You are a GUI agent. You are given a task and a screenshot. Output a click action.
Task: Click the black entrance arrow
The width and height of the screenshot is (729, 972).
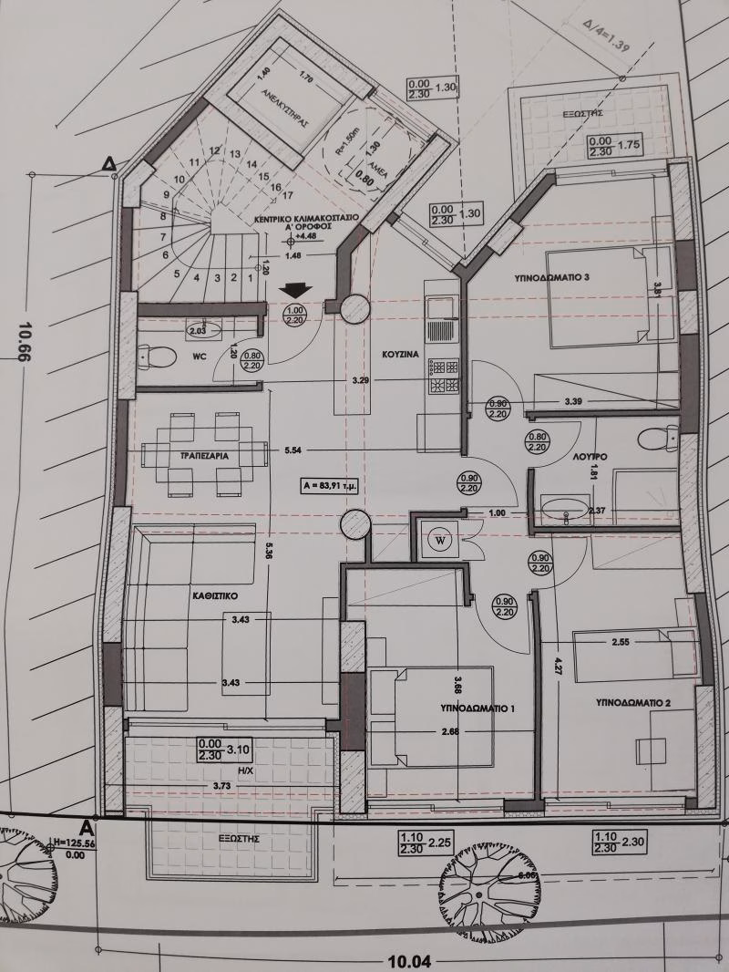296,290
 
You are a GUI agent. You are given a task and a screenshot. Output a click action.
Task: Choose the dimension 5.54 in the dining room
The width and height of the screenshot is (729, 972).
293,450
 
